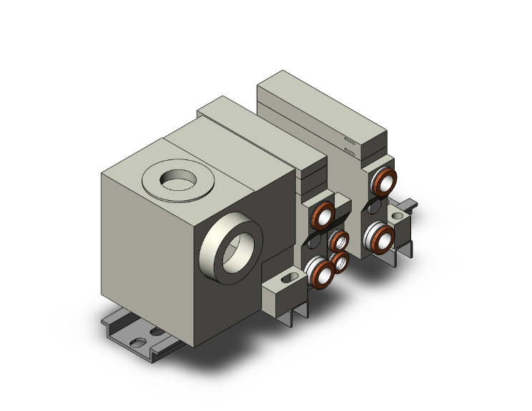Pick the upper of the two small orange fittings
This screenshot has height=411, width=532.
point(340,240)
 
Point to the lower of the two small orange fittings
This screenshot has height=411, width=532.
point(339,261)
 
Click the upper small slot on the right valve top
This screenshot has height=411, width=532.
point(350,140)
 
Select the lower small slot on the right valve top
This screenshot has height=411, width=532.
point(350,151)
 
